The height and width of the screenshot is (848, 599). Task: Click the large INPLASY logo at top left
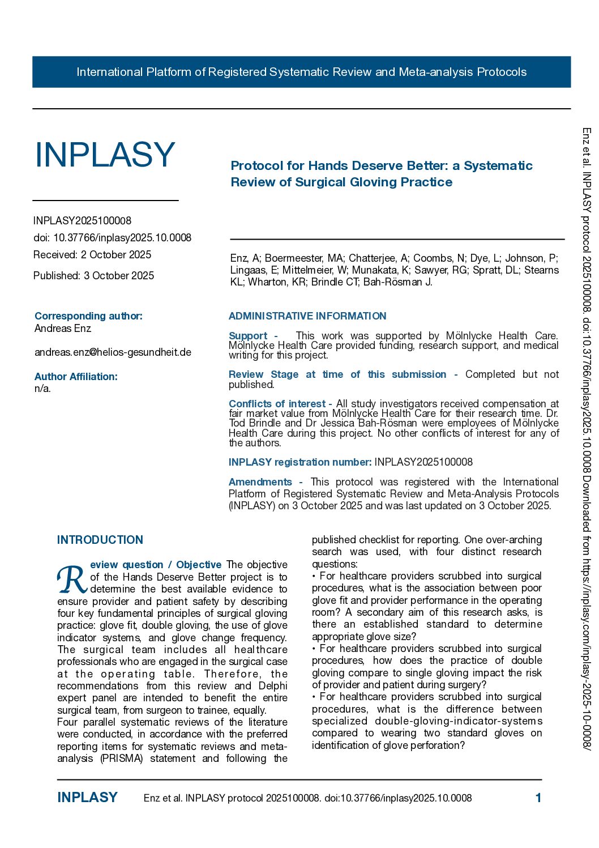[105, 155]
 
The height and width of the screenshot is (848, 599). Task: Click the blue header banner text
[301, 72]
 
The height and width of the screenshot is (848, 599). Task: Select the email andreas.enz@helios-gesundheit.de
[113, 352]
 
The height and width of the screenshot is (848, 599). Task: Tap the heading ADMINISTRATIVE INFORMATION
[307, 316]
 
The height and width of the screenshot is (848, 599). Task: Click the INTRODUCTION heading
[100, 540]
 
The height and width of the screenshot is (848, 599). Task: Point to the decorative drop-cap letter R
[72, 579]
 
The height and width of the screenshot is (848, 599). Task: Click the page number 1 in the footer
[538, 798]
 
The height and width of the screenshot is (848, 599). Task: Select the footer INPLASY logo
[87, 798]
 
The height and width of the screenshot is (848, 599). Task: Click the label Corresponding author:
[88, 316]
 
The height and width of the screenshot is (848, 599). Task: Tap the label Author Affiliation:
[76, 377]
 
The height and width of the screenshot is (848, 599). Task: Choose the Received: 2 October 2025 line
[92, 255]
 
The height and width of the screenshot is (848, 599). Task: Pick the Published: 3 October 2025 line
[93, 276]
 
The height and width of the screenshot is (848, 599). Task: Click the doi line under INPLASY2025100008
[112, 238]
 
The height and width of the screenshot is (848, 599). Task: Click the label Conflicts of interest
[277, 404]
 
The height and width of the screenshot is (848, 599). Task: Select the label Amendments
[260, 482]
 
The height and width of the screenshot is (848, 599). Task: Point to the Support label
[248, 336]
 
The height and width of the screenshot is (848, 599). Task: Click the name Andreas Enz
[62, 329]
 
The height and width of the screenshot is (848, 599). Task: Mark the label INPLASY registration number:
[299, 462]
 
